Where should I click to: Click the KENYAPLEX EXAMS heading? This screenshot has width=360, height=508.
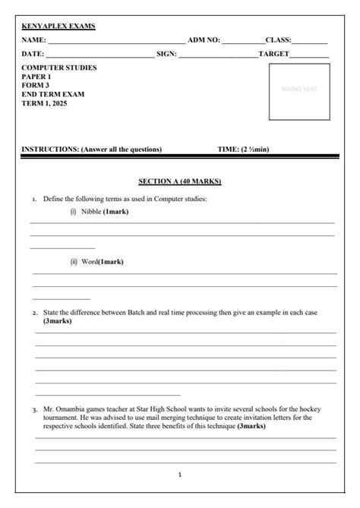58,26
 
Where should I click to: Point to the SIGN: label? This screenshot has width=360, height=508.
166,54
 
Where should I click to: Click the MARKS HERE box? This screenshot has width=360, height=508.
299,89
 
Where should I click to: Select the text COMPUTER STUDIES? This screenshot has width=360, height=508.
59,68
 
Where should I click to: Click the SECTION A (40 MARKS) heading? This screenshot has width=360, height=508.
179,181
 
